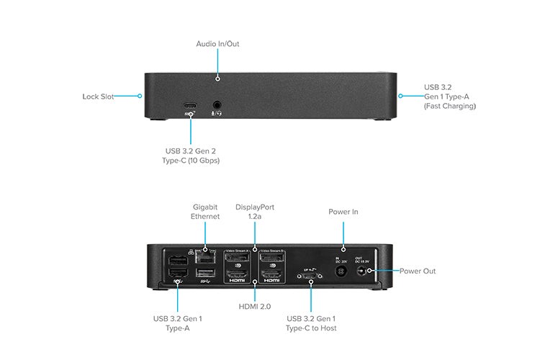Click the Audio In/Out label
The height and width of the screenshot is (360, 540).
click(x=217, y=44)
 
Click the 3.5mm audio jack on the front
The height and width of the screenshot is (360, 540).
click(x=215, y=104)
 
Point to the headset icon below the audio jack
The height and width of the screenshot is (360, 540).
click(x=215, y=113)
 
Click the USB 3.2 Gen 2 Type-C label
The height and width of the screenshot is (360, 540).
click(x=192, y=155)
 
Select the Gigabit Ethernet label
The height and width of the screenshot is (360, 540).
click(x=205, y=212)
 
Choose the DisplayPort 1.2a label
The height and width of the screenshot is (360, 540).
click(x=255, y=212)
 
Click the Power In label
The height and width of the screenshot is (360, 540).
click(x=343, y=212)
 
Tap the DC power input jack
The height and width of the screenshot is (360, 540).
click(x=343, y=271)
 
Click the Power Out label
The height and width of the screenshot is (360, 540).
click(x=418, y=271)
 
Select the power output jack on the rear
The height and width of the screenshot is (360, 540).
click(x=369, y=271)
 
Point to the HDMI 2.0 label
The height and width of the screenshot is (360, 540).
click(x=255, y=307)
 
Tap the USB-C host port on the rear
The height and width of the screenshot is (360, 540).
click(x=311, y=275)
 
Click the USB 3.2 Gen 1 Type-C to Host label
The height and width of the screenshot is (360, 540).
click(x=311, y=323)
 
